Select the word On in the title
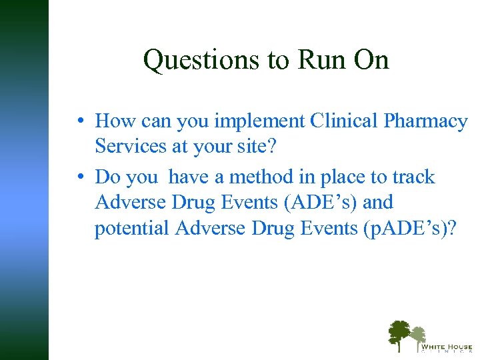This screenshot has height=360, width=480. (x=372, y=61)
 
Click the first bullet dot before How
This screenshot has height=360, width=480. (x=79, y=122)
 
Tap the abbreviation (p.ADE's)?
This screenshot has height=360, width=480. (x=409, y=228)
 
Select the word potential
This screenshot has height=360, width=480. (x=132, y=228)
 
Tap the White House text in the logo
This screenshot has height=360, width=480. (x=446, y=347)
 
